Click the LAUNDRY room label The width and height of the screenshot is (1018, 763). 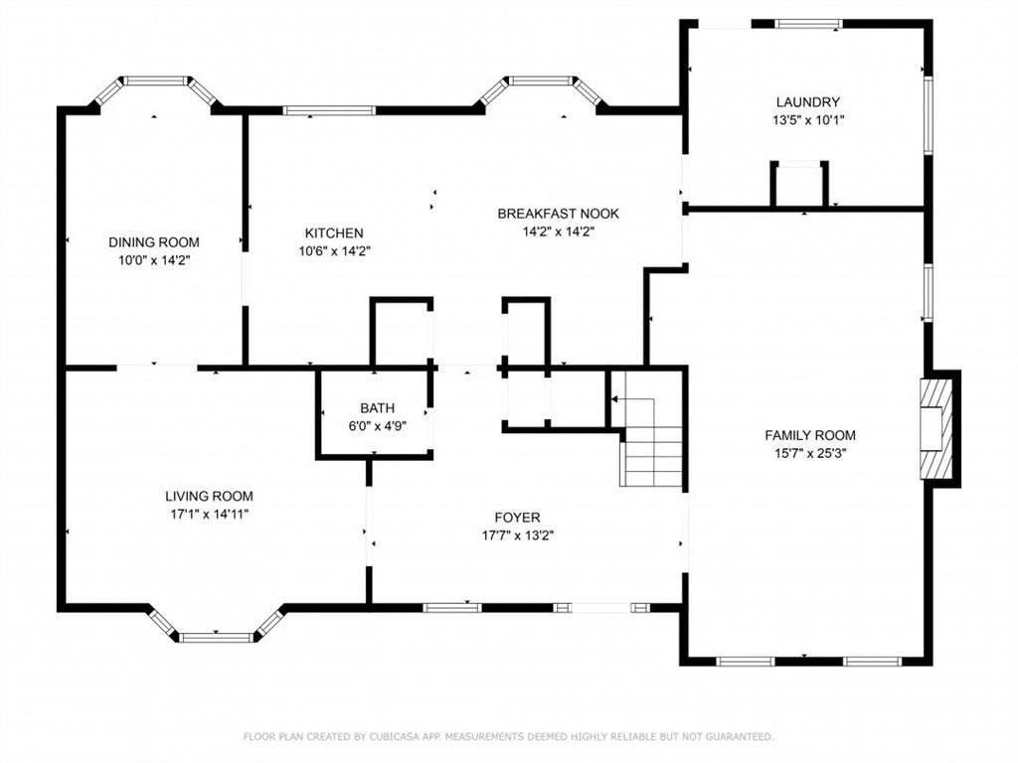click(807, 102)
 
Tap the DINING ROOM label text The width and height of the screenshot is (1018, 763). click(154, 242)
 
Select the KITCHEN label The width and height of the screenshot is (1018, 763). click(334, 232)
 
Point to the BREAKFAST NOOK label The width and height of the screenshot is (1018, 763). click(559, 214)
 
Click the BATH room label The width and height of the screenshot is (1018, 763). click(377, 408)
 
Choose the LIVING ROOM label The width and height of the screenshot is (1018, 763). click(209, 497)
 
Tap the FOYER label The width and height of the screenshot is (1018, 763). click(517, 517)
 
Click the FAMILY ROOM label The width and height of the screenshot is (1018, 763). click(809, 435)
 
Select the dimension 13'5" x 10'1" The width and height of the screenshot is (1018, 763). click(807, 120)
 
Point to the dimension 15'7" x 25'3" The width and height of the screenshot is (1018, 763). click(810, 453)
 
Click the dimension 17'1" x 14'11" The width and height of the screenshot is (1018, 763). click(209, 515)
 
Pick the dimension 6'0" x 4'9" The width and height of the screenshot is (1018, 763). click(377, 426)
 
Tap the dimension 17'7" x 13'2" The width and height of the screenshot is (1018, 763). click(517, 535)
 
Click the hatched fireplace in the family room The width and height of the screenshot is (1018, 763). click(935, 429)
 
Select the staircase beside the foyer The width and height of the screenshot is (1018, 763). click(650, 441)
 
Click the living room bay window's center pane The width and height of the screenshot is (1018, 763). click(216, 637)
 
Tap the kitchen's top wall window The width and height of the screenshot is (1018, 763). click(329, 111)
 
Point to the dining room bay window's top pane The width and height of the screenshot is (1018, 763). click(155, 81)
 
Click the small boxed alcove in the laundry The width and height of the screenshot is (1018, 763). click(799, 184)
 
